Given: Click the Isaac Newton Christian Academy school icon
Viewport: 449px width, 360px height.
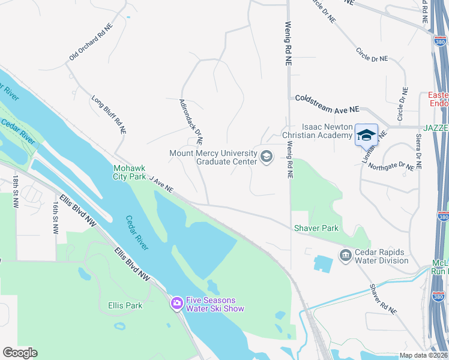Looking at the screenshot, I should click(x=366, y=135).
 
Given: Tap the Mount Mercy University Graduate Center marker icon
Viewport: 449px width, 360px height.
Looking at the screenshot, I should click(x=267, y=157).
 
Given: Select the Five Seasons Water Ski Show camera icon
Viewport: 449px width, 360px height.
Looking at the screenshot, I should click(x=176, y=304).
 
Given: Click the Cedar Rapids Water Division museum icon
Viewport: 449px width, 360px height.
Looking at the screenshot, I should click(x=345, y=256).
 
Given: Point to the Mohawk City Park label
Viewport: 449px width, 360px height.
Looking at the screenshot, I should click(x=129, y=172).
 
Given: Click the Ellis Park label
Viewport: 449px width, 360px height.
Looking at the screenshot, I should click(x=125, y=305).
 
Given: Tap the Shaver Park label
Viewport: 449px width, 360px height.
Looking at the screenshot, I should click(x=316, y=228).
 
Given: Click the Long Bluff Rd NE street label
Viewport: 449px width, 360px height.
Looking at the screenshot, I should click(x=109, y=114).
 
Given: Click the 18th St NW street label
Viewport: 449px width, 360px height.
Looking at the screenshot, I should click(x=15, y=191).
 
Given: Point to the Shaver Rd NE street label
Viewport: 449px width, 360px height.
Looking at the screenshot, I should click(x=383, y=299).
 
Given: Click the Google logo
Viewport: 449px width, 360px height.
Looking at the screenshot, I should click(x=20, y=353).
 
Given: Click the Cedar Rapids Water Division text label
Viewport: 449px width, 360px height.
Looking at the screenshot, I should click(x=381, y=256).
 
